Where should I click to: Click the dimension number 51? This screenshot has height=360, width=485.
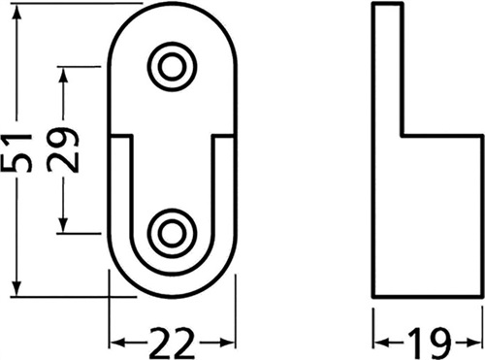(16, 152)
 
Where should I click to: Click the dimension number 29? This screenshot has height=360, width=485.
(63, 149)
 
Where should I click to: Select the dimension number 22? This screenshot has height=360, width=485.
(173, 343)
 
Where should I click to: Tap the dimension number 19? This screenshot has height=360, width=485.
(429, 343)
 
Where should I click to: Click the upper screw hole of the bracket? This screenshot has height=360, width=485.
(172, 67)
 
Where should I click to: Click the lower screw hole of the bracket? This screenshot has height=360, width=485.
(172, 233)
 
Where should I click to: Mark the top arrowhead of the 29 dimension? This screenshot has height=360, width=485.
(63, 77)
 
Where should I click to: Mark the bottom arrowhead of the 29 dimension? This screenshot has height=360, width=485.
(63, 222)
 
